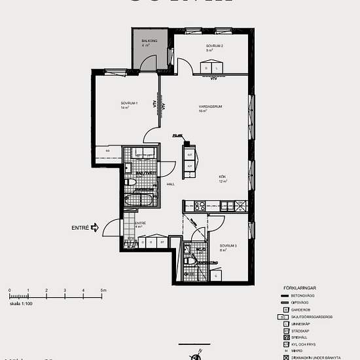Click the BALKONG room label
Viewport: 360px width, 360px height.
pyautogui.click(x=149, y=41)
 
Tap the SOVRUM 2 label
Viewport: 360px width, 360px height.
pyautogui.click(x=215, y=46)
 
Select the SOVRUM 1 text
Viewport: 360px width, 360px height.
pyautogui.click(x=128, y=103)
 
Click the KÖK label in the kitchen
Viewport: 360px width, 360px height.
pyautogui.click(x=223, y=177)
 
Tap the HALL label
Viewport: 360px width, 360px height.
pyautogui.click(x=170, y=184)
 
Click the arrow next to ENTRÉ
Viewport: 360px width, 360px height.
pyautogui.click(x=94, y=228)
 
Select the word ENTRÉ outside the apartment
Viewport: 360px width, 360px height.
pyautogui.click(x=79, y=228)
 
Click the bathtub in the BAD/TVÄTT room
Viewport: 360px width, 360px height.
pyautogui.click(x=140, y=199)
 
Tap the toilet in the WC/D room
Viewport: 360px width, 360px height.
pyautogui.click(x=189, y=262)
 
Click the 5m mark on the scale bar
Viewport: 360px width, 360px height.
pyautogui.click(x=103, y=289)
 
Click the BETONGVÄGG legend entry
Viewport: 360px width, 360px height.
pyautogui.click(x=303, y=296)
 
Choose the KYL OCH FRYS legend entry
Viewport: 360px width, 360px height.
pyautogui.click(x=304, y=344)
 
